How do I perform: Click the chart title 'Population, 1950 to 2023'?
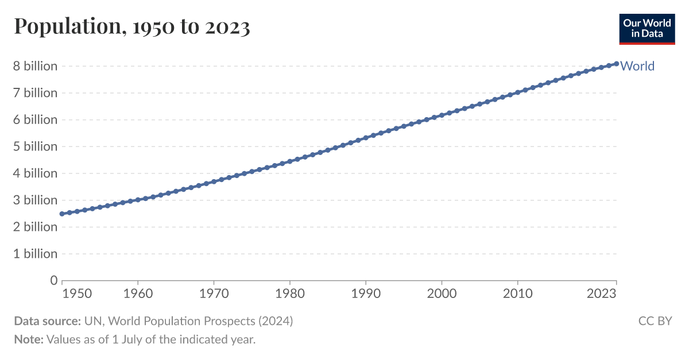132,26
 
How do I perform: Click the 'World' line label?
637,66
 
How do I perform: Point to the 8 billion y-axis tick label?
36,66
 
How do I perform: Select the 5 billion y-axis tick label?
36,146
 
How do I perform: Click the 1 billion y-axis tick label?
36,254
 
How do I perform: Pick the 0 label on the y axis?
54,281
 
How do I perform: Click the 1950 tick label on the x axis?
77,293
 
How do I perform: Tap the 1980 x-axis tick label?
290,293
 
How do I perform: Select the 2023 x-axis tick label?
602,293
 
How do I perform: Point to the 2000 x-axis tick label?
442,293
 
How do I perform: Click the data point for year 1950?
62,214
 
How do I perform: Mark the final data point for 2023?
617,64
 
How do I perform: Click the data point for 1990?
366,138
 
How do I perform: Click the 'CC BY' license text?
655,321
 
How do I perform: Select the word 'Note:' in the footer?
29,339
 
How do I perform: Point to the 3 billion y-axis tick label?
36,200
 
